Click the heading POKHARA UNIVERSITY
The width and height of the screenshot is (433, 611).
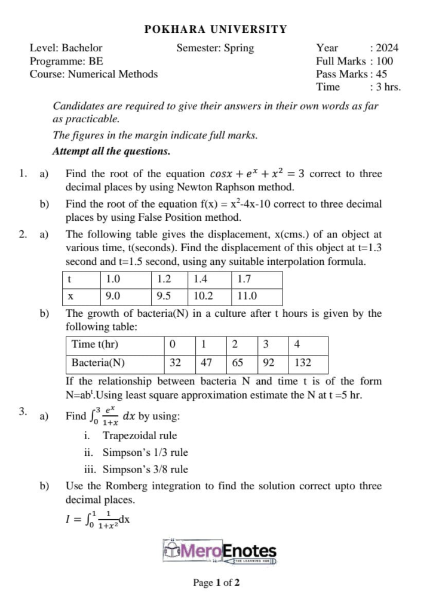216,29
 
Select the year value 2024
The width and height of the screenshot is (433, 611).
387,48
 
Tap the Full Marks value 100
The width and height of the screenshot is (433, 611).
385,61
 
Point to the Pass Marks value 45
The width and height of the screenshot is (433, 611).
382,74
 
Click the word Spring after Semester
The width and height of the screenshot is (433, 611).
239,48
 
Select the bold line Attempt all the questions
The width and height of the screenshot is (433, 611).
112,152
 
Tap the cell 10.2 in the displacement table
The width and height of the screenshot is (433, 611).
203,295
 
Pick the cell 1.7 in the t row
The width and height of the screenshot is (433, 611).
244,279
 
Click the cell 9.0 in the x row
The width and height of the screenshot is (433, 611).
113,295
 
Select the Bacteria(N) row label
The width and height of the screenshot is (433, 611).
99,362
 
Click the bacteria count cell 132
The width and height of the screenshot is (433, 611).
303,362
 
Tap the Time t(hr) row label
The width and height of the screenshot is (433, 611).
95,345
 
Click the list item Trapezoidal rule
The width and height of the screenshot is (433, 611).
139,436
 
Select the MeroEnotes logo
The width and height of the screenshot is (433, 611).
219,551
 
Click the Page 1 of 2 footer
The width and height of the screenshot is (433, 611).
216,582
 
